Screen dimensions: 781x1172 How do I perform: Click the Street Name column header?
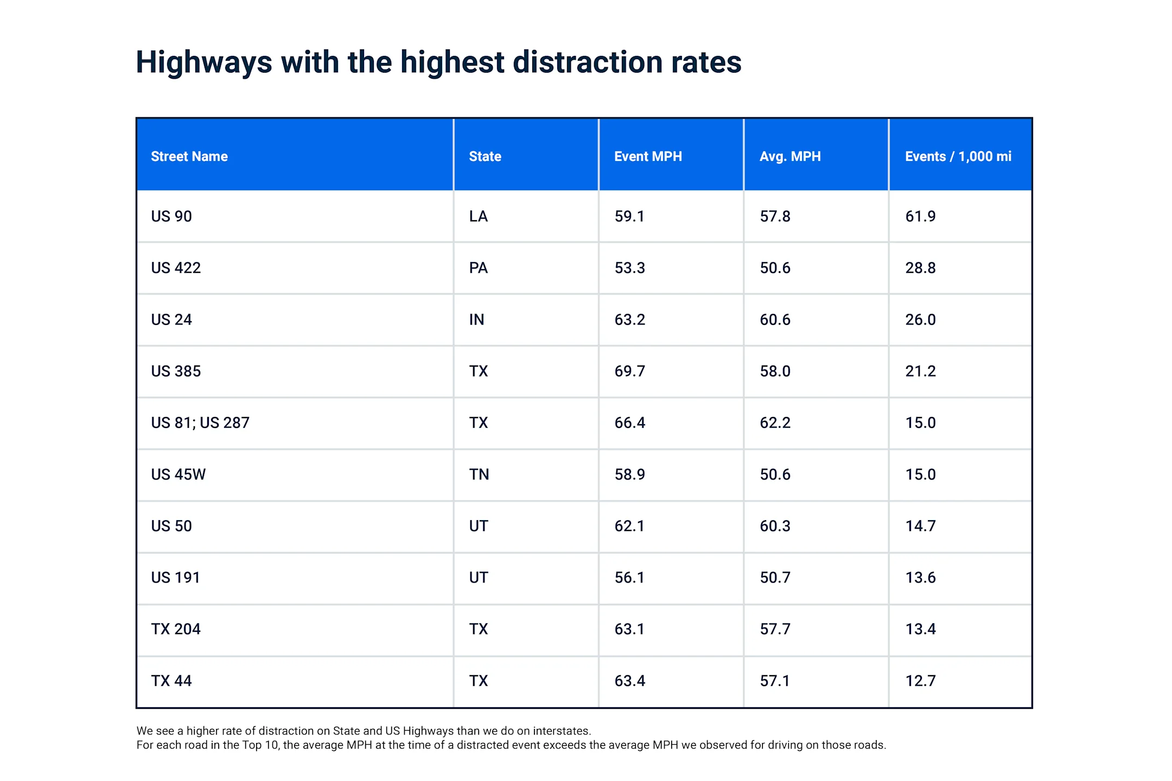[189, 157]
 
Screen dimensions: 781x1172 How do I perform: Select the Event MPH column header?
[648, 157]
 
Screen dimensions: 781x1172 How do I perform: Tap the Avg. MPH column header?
[790, 157]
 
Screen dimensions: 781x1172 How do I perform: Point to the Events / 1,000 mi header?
[958, 157]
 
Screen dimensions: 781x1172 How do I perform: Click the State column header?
[485, 157]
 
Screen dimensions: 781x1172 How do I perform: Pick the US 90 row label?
[171, 216]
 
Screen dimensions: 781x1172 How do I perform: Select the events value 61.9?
[920, 216]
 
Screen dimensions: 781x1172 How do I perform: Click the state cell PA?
[478, 268]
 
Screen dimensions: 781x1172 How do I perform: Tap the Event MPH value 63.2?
[629, 319]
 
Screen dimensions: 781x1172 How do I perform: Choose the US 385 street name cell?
[176, 371]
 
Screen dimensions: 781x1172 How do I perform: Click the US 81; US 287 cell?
[200, 422]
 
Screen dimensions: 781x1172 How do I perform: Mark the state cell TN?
[479, 475]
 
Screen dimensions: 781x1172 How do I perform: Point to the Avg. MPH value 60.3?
[775, 526]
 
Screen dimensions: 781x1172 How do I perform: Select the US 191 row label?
[175, 578]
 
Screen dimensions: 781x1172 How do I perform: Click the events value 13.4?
[920, 629]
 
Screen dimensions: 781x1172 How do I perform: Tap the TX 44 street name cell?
[171, 681]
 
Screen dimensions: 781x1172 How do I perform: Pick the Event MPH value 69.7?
[629, 371]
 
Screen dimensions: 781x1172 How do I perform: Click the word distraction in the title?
[587, 62]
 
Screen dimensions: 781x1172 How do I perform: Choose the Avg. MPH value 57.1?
[775, 681]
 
